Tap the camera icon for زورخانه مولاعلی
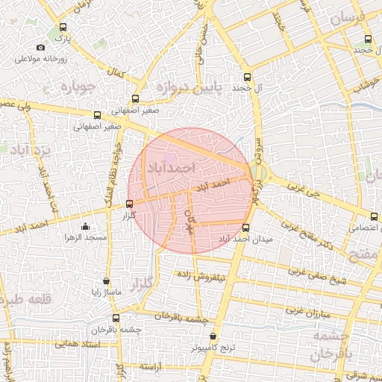coord(40,48)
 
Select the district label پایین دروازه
coord(190,87)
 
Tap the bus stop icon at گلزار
coord(130,204)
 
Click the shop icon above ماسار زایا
coord(107,281)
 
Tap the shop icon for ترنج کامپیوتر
coord(214,336)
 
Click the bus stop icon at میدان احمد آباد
coord(246,228)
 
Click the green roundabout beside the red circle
coord(258,174)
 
